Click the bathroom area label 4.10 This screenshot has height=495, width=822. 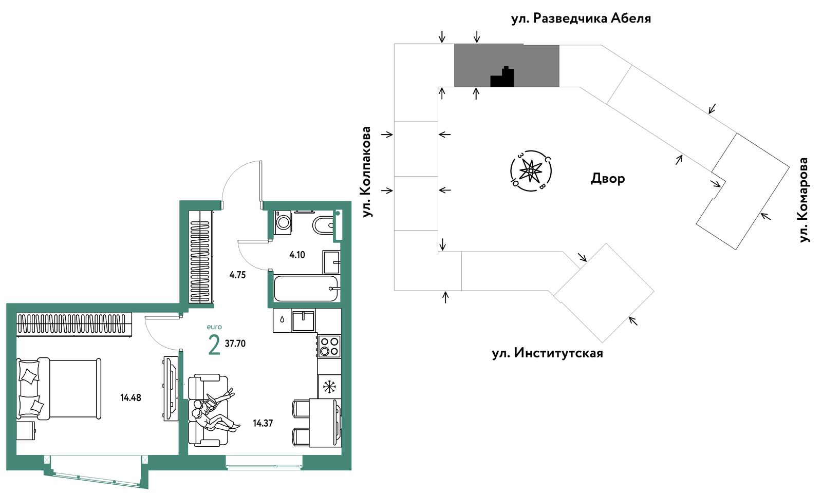tap(297, 255)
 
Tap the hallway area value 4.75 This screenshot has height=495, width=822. tap(237, 275)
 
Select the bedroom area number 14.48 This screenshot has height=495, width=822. tap(130, 397)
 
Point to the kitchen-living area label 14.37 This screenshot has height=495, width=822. tap(263, 424)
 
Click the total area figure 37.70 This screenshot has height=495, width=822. tap(235, 344)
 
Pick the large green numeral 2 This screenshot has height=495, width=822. tap(214, 345)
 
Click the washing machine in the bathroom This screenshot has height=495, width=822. tap(283, 222)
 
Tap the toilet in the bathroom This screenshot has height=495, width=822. tap(323, 225)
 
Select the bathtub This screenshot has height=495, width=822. tap(306, 288)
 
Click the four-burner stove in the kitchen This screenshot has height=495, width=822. tap(329, 346)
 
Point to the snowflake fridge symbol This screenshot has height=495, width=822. tap(329, 386)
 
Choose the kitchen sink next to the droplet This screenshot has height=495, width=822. tap(303, 320)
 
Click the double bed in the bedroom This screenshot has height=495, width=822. tap(59, 389)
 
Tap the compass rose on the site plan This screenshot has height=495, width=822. tap(531, 171)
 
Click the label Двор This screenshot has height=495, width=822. tap(608, 179)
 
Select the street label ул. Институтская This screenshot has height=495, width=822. tap(548, 353)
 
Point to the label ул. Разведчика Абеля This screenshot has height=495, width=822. tap(581, 18)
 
